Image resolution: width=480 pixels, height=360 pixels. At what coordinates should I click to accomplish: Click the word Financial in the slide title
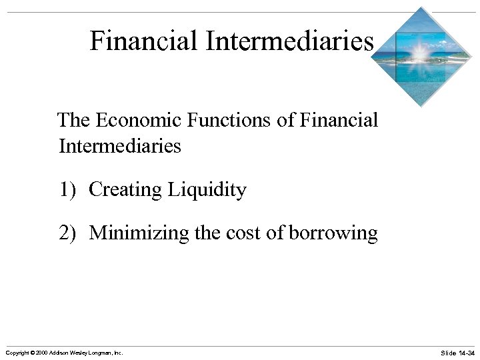pos(144,41)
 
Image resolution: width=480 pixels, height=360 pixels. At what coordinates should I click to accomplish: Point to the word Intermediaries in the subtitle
pos(120,145)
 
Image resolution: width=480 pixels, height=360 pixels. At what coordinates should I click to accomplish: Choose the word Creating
pos(125,191)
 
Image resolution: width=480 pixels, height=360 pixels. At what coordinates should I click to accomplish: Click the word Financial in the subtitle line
pos(339,121)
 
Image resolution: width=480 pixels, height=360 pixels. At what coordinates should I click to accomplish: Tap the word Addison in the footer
pos(59,352)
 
